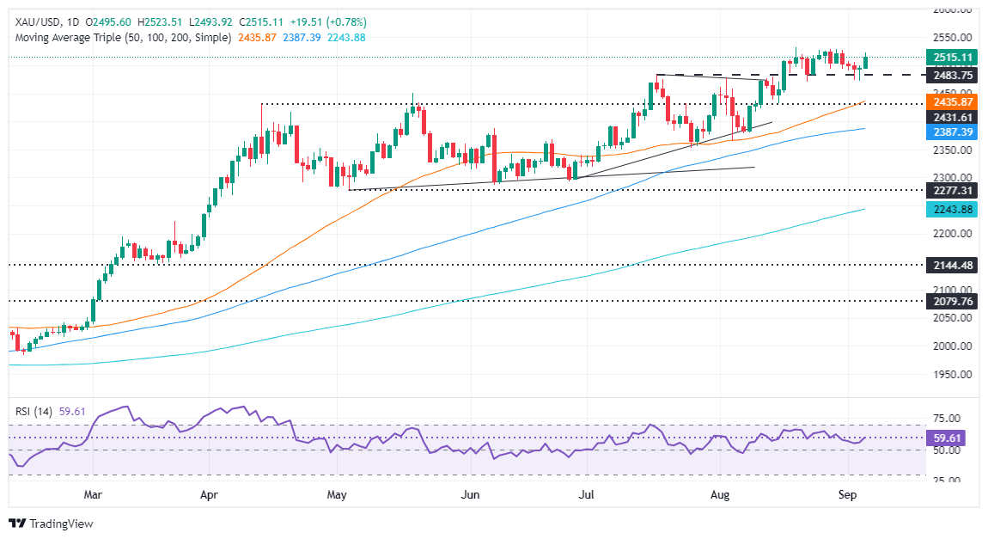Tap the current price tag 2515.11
pyautogui.click(x=954, y=58)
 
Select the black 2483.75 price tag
pyautogui.click(x=954, y=75)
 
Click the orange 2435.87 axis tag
pyautogui.click(x=954, y=101)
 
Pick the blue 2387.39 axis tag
pyautogui.click(x=954, y=133)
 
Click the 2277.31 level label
pyautogui.click(x=954, y=190)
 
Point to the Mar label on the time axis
pyautogui.click(x=94, y=494)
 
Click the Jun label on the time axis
pyautogui.click(x=470, y=494)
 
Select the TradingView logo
pyautogui.click(x=51, y=524)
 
